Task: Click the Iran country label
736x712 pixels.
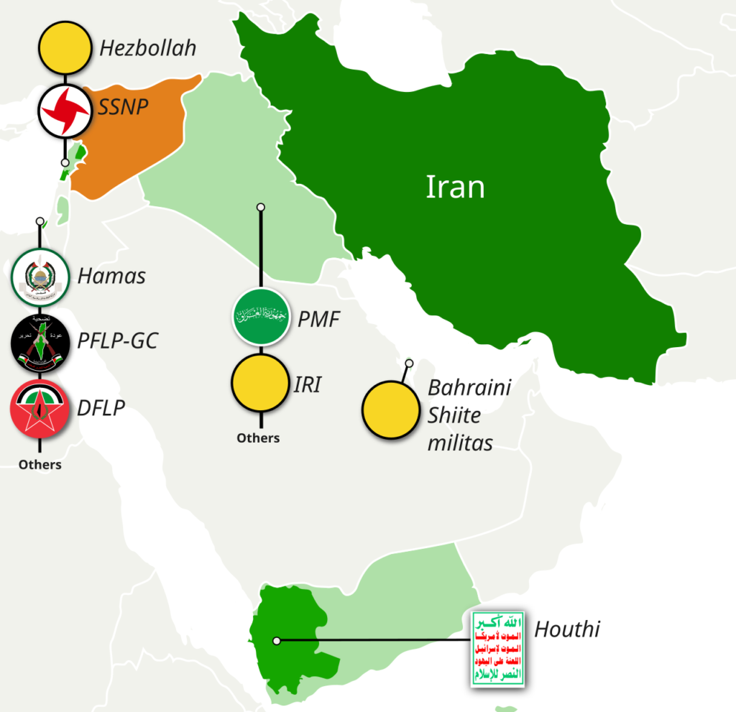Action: tap(455, 187)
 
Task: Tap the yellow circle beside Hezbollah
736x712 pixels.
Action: tap(65, 48)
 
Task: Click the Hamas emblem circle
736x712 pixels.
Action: tap(40, 277)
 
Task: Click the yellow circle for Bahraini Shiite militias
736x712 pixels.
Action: tap(390, 410)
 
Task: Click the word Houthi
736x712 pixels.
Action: tap(566, 631)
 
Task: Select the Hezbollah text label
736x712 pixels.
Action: tap(147, 49)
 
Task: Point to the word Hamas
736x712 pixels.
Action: tap(111, 276)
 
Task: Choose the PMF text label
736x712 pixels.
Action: tap(318, 319)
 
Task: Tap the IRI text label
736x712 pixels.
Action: tap(307, 385)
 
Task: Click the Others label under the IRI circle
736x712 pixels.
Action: tap(258, 438)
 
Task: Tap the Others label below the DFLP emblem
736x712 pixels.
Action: tap(40, 465)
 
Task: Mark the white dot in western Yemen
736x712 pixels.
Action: tap(277, 640)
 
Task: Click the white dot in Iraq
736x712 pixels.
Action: tap(261, 207)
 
